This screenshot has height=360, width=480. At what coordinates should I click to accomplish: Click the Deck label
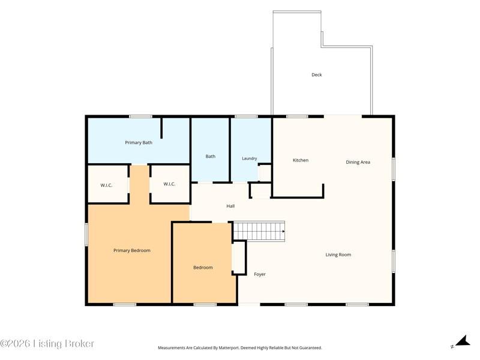[x=317, y=74]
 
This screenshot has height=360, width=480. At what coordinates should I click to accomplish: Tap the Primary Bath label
[x=139, y=143]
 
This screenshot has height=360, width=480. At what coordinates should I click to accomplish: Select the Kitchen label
[x=301, y=160]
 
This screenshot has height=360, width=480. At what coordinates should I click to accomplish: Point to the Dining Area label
[x=358, y=162]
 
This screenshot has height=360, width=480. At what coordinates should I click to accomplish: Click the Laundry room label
[x=250, y=158]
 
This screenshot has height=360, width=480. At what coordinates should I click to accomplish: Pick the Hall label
[x=230, y=206]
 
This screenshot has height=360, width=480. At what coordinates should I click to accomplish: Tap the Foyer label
[x=260, y=274]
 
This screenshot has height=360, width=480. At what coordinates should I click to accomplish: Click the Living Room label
[x=338, y=254]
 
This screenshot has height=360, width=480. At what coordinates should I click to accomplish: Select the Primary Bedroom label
[x=132, y=250]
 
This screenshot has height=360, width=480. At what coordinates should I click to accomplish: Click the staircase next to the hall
[x=259, y=231]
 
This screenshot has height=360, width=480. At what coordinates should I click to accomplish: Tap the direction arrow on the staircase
[x=283, y=231]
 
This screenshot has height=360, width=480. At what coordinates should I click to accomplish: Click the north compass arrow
[x=463, y=341]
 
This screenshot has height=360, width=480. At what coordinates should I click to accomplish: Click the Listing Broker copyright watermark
[x=47, y=343]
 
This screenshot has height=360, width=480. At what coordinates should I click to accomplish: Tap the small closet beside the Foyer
[x=239, y=258]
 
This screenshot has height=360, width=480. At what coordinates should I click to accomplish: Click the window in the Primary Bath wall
[x=140, y=116]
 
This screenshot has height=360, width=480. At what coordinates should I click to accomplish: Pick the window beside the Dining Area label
[x=394, y=169]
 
